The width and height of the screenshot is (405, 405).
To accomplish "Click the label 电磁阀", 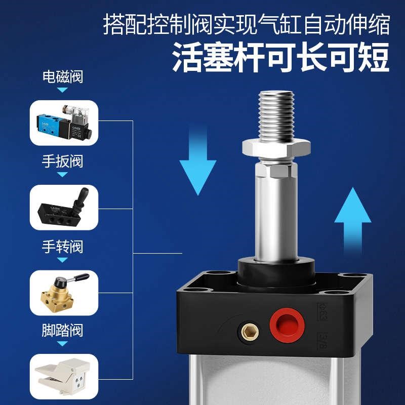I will pyautogui.click(x=62, y=77).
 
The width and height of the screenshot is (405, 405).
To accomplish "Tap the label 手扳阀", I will pyautogui.click(x=62, y=162).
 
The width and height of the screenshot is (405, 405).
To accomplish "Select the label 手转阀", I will pyautogui.click(x=62, y=247).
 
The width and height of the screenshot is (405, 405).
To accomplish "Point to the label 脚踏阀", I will pyautogui.click(x=62, y=331).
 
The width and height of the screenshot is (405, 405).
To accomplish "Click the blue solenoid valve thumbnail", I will pyautogui.click(x=64, y=121).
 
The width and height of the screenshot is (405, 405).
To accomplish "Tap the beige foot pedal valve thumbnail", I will pyautogui.click(x=64, y=375).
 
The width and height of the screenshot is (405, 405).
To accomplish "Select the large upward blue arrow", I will pyautogui.click(x=353, y=213).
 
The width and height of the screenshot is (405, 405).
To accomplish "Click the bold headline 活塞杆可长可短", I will pyautogui.click(x=280, y=57).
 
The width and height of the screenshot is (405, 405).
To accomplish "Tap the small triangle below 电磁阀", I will pyautogui.click(x=62, y=90).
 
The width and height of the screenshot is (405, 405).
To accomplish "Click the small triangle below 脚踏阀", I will pyautogui.click(x=62, y=344).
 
